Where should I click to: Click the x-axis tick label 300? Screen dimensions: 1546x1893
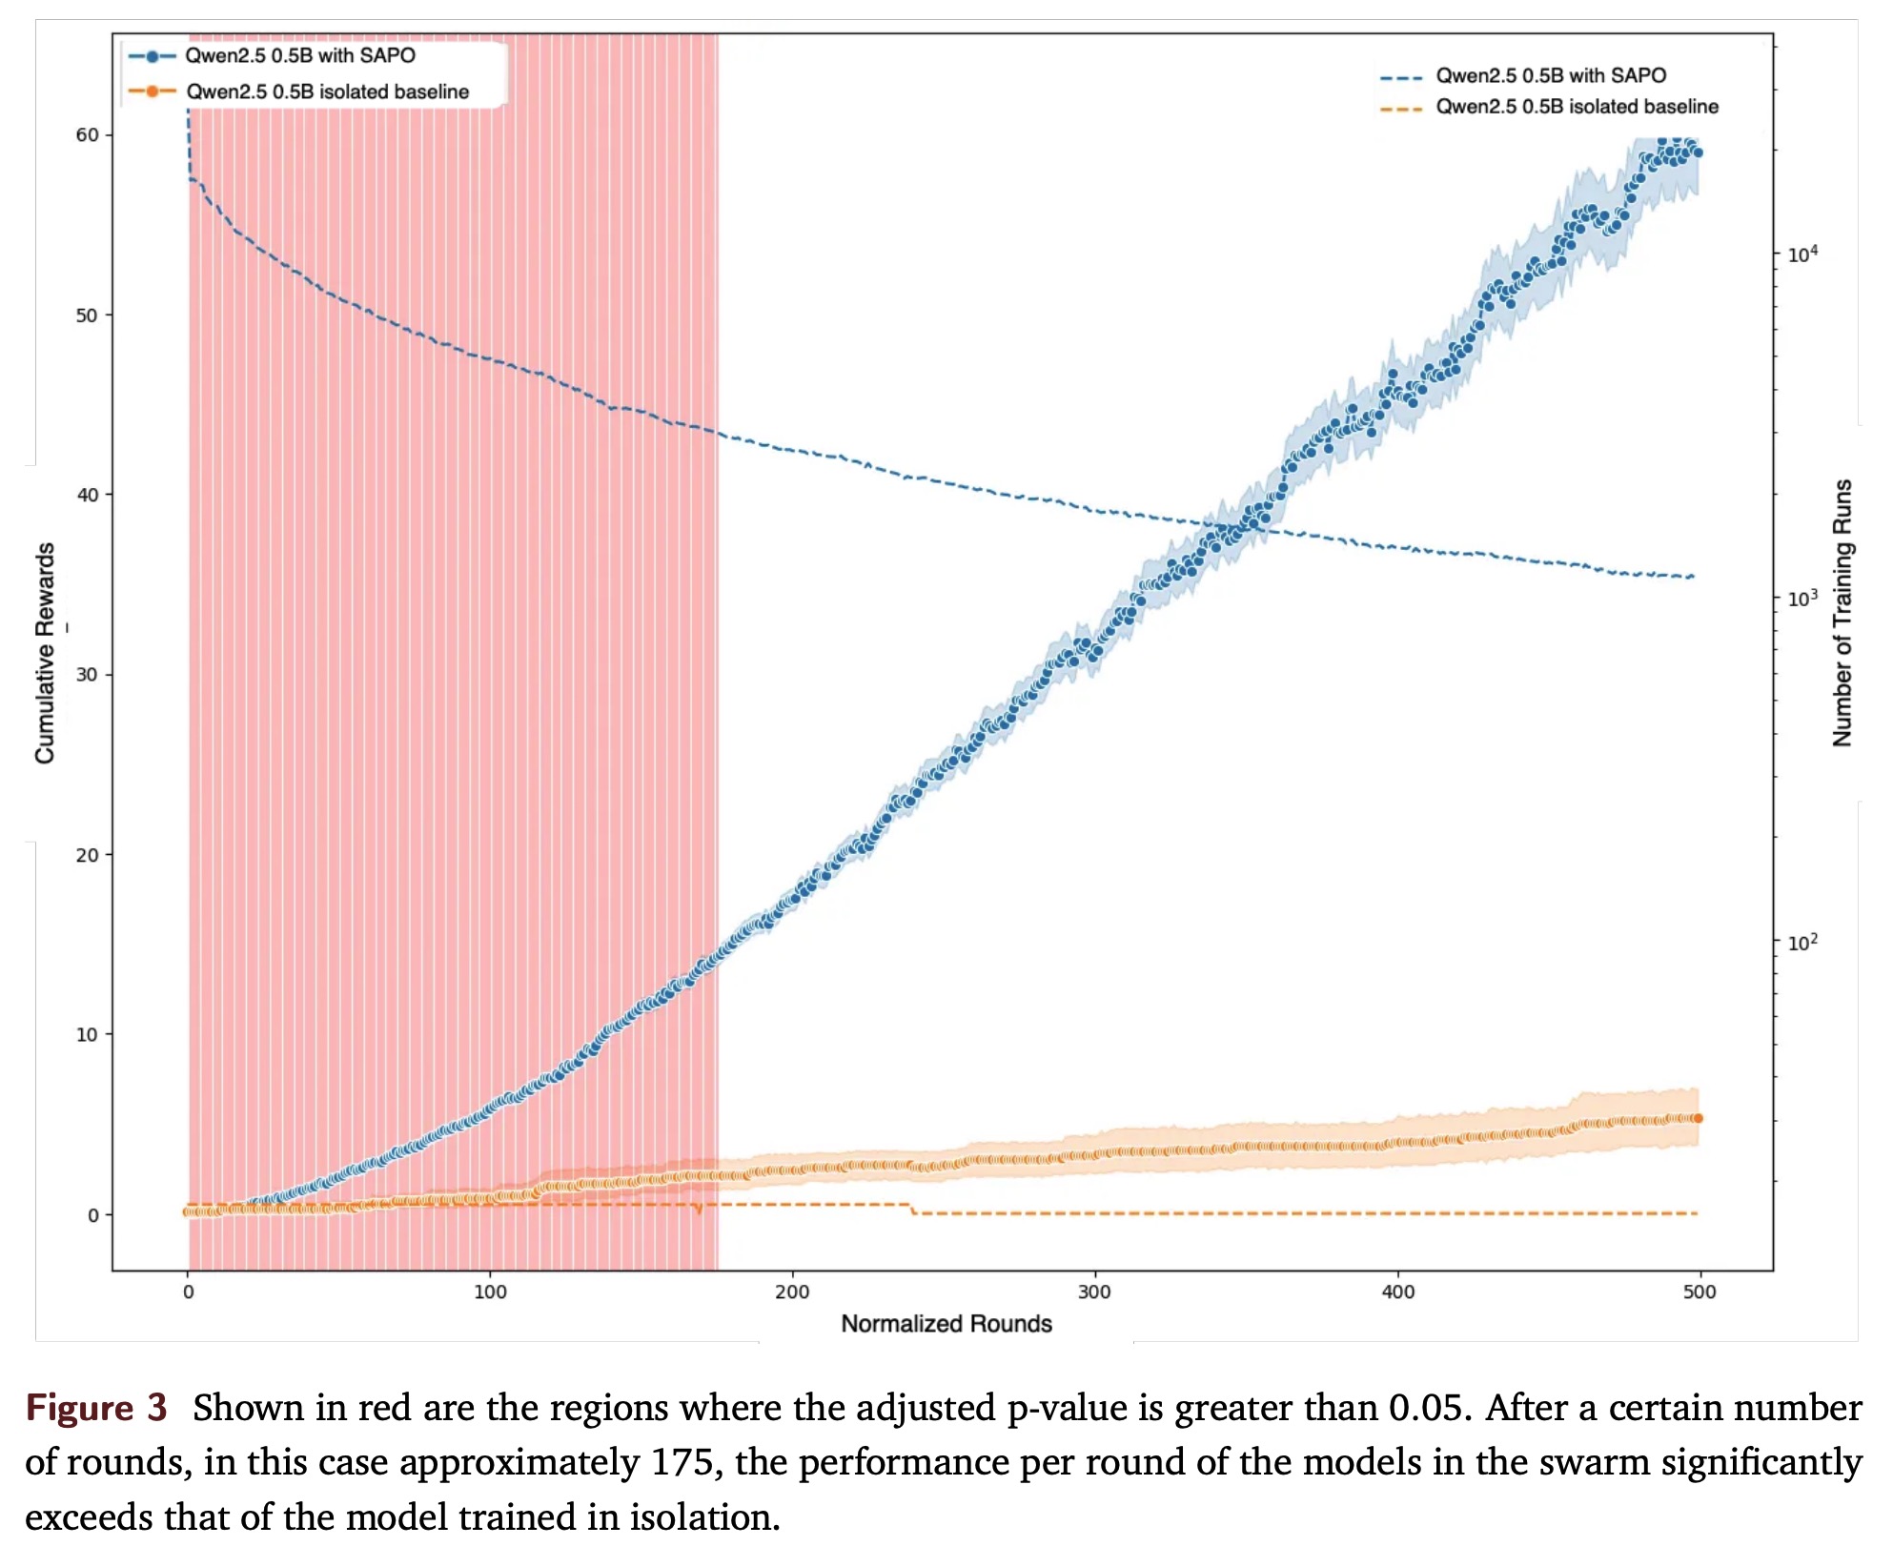1094,1292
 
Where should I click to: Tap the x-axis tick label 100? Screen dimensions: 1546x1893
490,1292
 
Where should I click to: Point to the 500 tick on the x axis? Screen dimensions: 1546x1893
1700,1292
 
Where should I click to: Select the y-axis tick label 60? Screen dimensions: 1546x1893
87,135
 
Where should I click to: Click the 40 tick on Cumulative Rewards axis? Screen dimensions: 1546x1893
87,495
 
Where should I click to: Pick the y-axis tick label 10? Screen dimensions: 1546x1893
87,1035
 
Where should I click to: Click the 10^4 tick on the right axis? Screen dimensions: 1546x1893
1802,254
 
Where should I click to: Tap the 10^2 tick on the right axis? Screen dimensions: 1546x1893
1802,942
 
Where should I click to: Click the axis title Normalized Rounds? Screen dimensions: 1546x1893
946,1324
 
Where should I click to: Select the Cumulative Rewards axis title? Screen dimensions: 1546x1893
45,653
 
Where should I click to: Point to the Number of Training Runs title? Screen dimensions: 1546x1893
1842,612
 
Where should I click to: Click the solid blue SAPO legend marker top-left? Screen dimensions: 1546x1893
153,56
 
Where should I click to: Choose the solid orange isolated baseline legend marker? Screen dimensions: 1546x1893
153,92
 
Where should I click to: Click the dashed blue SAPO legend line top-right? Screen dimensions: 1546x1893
1401,77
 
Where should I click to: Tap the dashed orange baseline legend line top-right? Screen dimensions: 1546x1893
1401,109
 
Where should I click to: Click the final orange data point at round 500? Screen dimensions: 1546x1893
1698,1118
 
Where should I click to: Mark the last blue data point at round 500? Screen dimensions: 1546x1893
1698,153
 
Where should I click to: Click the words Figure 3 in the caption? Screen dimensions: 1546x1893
96,1409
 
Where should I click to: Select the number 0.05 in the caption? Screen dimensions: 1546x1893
1424,1409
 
